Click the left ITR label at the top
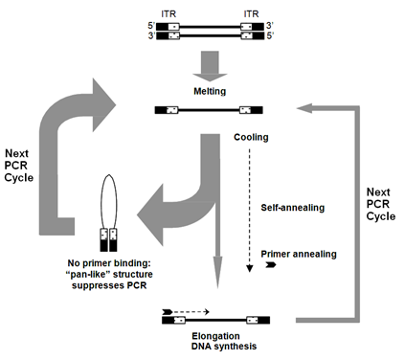pyautogui.click(x=169, y=14)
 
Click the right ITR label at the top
pyautogui.click(x=251, y=14)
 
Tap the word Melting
pyautogui.click(x=210, y=91)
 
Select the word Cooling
pyautogui.click(x=251, y=137)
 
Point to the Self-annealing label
pyautogui.click(x=293, y=208)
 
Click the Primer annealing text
pyautogui.click(x=299, y=254)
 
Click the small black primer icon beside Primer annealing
pyautogui.click(x=271, y=264)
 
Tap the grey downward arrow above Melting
pyautogui.click(x=210, y=66)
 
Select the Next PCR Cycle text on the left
pyautogui.click(x=18, y=166)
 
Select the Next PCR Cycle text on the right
pyautogui.click(x=381, y=204)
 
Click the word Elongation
pyautogui.click(x=215, y=336)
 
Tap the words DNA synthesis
pyautogui.click(x=224, y=347)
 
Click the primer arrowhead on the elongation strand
pyautogui.click(x=168, y=312)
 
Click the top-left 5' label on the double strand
pyautogui.click(x=151, y=26)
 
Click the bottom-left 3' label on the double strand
pyautogui.click(x=151, y=35)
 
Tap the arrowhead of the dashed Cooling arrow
pyautogui.click(x=250, y=269)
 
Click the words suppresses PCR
pyautogui.click(x=109, y=285)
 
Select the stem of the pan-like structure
pyautogui.click(x=109, y=240)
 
